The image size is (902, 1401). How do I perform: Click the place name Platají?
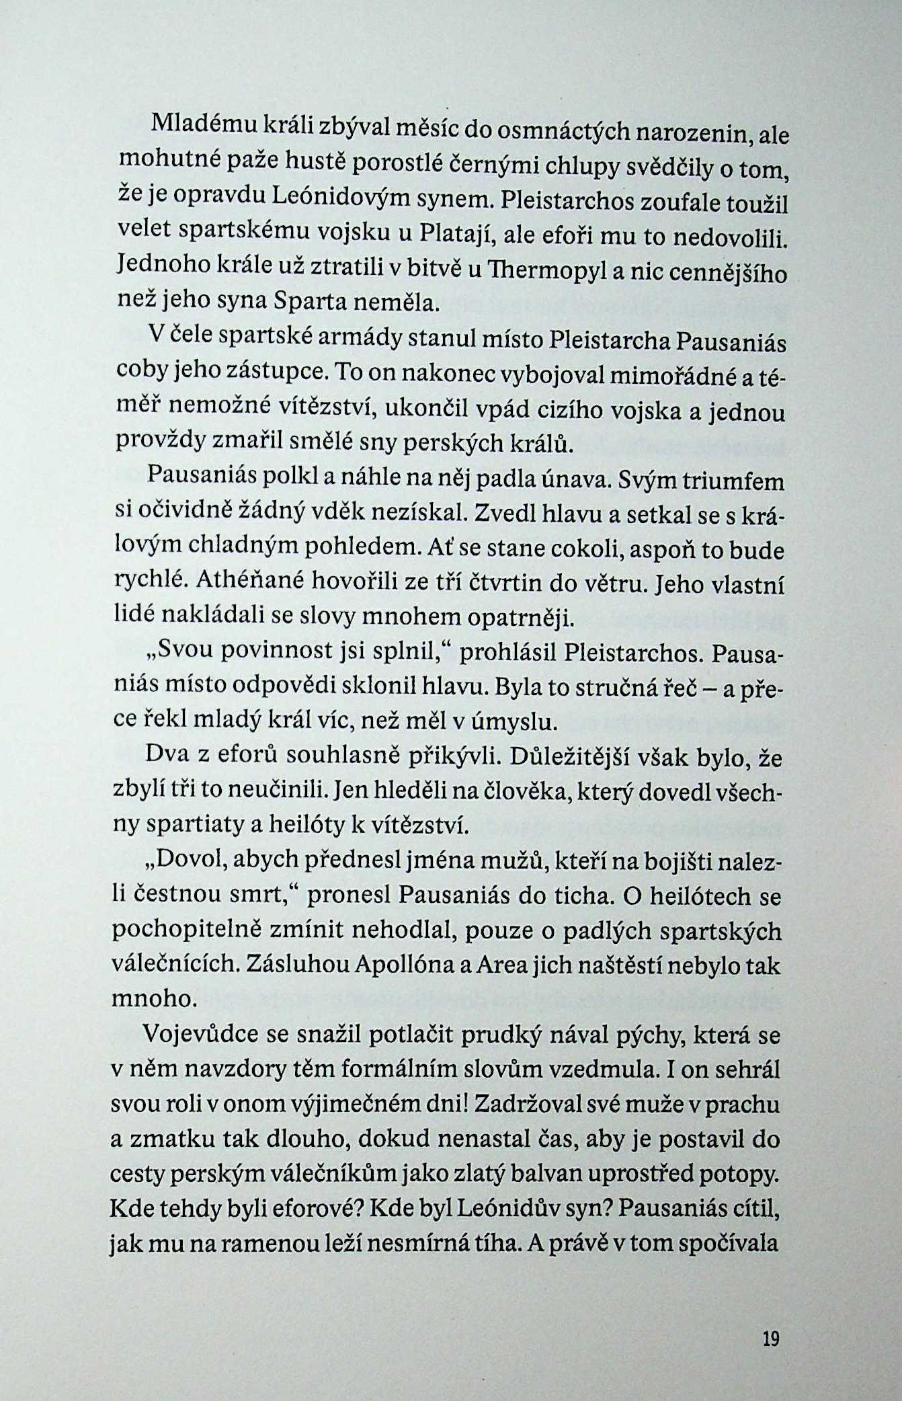pos(456,234)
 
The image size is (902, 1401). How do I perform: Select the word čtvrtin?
pos(498,585)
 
